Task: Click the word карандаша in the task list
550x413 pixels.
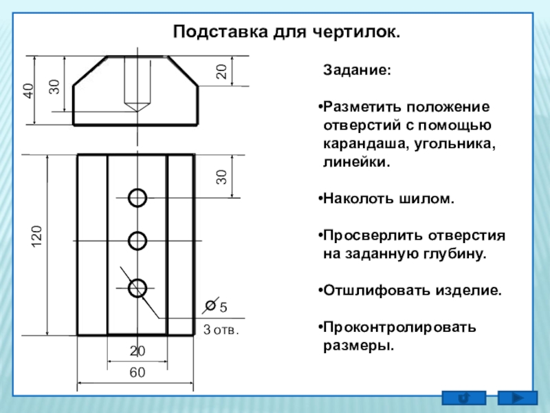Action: tap(364, 146)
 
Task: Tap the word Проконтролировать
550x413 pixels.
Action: tap(399, 326)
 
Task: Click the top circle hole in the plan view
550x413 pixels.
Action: tap(137, 198)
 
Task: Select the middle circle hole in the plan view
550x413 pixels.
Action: tap(137, 241)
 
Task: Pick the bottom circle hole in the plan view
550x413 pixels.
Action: tap(137, 288)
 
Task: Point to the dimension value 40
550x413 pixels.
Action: tap(29, 91)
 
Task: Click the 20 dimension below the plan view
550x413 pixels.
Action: tap(137, 352)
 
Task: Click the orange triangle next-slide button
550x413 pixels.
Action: tap(516, 398)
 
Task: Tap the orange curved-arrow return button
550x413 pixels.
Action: tap(463, 398)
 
